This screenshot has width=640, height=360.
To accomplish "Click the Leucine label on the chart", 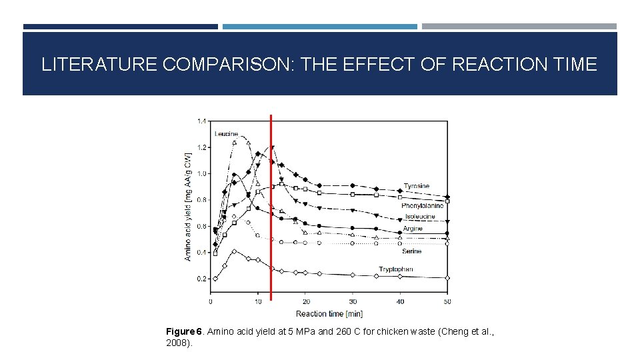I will point(226,134).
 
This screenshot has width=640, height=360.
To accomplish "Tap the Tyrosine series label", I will point(417,186).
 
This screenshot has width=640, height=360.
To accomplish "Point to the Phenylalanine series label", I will point(423,206).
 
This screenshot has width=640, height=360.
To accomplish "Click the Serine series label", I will point(411,251).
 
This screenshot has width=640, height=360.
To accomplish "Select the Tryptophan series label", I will point(396,269).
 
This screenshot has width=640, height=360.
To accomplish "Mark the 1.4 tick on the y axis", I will point(202,121).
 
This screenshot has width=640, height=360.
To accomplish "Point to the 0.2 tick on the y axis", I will point(202,279).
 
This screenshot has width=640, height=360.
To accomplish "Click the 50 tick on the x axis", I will point(447,301).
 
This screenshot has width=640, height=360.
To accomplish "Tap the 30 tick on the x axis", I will point(353,301).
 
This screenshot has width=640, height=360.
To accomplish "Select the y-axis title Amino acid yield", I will point(188,207).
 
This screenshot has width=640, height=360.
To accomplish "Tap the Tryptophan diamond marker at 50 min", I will point(447,278).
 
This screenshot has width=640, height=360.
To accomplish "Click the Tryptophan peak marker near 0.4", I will point(234,251).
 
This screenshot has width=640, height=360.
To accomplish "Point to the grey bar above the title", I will point(519,27).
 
